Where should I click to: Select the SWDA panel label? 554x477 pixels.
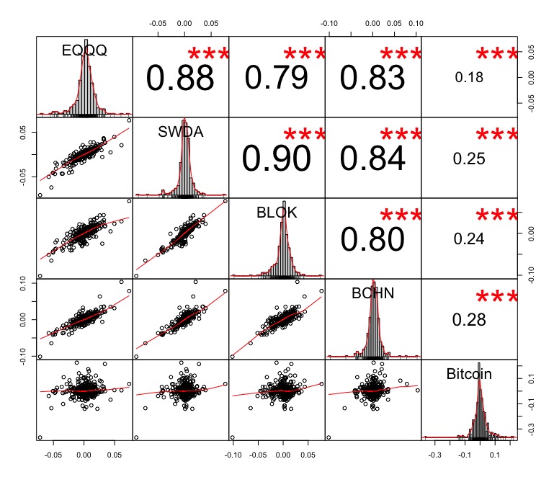[180, 132]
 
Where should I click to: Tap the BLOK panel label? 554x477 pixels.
[277, 213]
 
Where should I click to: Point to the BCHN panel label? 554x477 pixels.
[372, 293]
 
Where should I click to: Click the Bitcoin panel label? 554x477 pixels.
[468, 374]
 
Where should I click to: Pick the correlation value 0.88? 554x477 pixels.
[180, 79]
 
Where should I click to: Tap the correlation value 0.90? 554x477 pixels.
[277, 159]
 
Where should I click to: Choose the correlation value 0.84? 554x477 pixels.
[372, 159]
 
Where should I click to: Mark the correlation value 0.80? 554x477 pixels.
[372, 240]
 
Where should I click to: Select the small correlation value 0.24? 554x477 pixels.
[468, 239]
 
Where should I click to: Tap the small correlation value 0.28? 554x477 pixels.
[468, 319]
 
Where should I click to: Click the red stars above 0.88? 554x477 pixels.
[208, 55]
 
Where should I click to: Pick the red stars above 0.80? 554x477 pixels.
[401, 216]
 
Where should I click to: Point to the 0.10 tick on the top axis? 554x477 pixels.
[416, 23]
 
